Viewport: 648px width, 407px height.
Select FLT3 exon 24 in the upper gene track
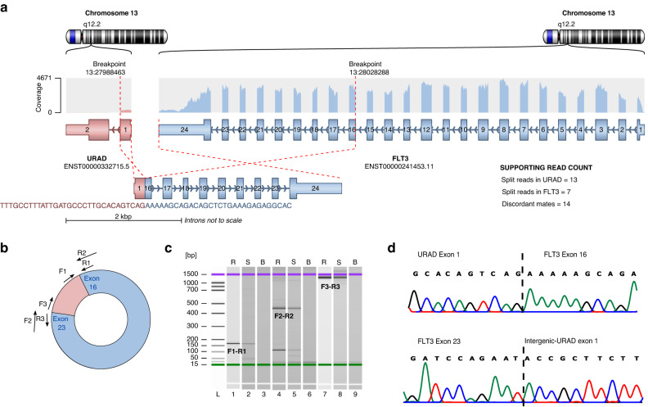pyautogui.click(x=184, y=129)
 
